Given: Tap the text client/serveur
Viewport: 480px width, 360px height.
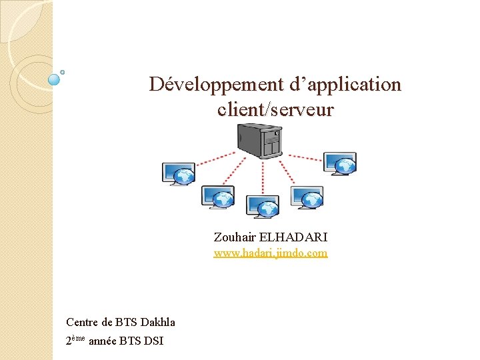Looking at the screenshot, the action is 275,109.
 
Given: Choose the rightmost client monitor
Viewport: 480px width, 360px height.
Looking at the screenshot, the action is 340,163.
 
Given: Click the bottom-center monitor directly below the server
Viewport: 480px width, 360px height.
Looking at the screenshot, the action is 262,207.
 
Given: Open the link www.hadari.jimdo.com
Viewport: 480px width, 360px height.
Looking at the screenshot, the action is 270,253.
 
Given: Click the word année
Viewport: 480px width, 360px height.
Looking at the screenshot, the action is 105,342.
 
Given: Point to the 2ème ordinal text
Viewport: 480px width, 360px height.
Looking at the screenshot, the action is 76,341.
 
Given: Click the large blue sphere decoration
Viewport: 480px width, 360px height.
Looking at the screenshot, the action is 55,79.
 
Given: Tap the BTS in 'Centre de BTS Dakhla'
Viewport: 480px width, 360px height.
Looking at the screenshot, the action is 126,323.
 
